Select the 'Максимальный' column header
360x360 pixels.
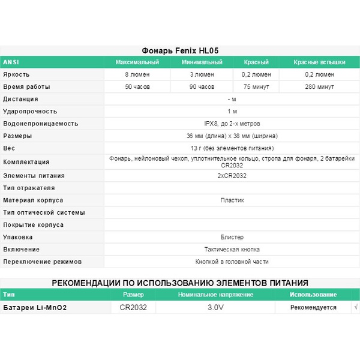coord(137,63)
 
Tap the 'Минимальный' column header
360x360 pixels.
coord(202,63)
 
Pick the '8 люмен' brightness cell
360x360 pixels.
coord(137,75)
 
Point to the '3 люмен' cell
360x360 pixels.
coord(202,75)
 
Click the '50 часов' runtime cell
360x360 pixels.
coord(137,87)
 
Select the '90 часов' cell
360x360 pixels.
coord(202,87)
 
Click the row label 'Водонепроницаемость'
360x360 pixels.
coord(41,124)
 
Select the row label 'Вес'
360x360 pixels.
coord(9,148)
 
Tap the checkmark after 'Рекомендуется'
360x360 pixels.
coord(356,307)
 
